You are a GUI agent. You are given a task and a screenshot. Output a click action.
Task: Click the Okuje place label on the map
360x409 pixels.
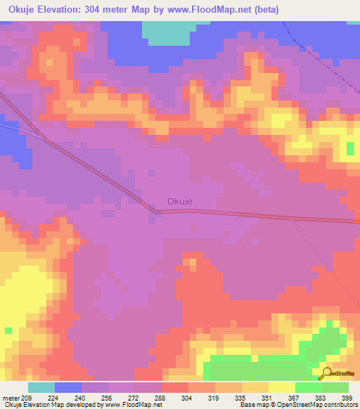[x=180, y=201]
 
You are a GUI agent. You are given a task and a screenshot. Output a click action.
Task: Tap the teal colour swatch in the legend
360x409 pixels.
[x=41, y=387]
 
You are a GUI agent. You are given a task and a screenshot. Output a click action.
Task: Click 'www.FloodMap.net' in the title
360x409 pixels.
[x=214, y=10]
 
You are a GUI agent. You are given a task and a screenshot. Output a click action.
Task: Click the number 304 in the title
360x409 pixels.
[x=103, y=10]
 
